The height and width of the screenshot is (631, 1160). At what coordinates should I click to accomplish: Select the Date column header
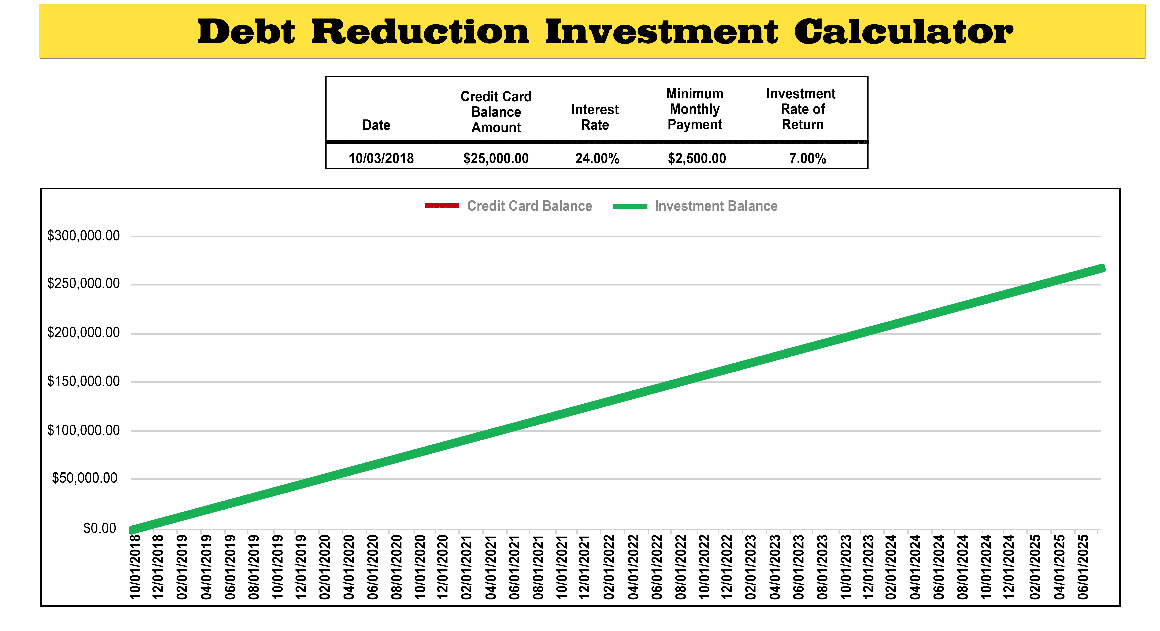[376, 125]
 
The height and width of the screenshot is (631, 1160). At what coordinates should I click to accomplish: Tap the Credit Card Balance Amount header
[496, 112]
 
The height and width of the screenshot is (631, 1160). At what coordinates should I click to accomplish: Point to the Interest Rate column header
[595, 117]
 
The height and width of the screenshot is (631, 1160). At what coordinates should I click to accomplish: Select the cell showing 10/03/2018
[381, 158]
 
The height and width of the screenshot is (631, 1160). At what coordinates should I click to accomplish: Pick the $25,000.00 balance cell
[496, 158]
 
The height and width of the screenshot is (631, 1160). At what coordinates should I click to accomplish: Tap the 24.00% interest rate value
[597, 158]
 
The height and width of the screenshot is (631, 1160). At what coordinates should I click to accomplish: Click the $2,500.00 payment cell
[697, 158]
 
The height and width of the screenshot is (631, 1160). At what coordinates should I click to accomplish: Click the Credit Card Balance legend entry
[508, 206]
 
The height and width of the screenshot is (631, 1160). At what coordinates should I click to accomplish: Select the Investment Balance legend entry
[695, 206]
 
